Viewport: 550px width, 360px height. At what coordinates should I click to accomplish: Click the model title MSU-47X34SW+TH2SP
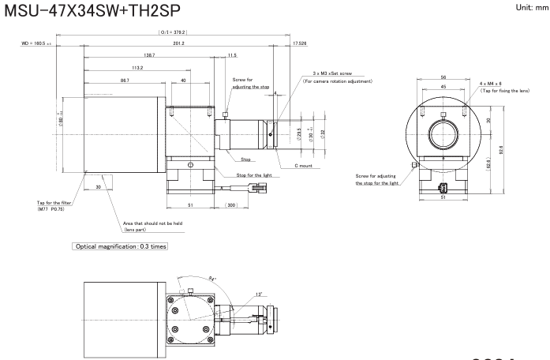90,10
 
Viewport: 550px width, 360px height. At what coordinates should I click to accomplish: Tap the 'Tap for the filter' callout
33,208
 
